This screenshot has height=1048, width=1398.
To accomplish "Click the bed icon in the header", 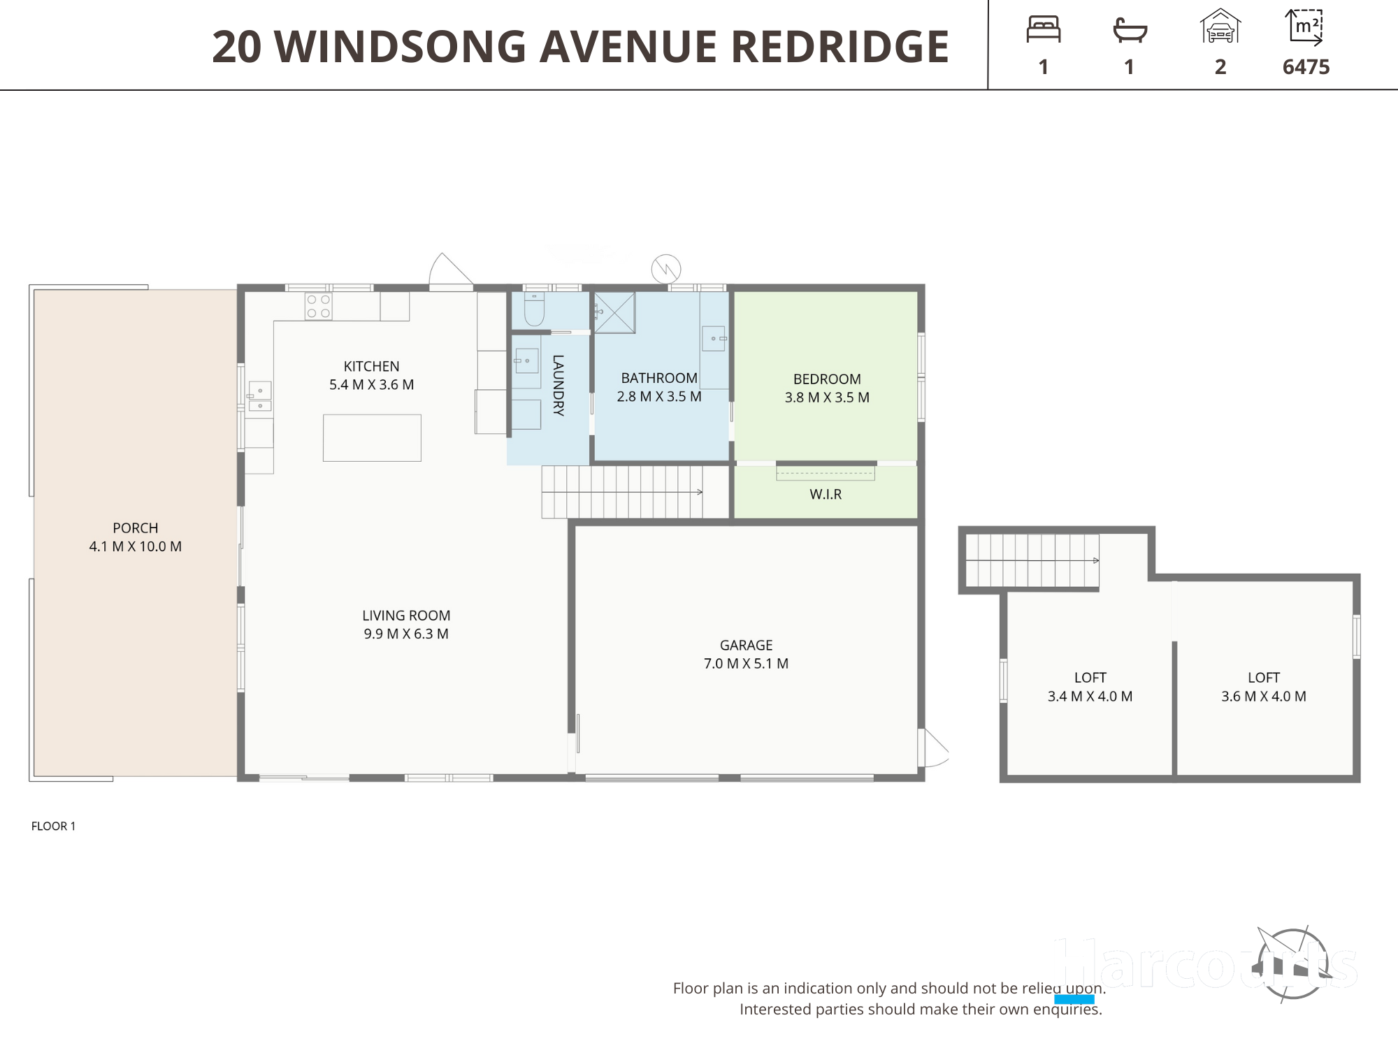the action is click(x=1044, y=29).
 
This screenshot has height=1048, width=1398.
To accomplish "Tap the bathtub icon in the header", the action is click(x=1130, y=30).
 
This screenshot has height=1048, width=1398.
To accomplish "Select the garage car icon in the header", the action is click(x=1220, y=27).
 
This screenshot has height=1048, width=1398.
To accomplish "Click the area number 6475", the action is click(x=1306, y=67).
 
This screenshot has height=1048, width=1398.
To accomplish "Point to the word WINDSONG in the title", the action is click(x=401, y=47).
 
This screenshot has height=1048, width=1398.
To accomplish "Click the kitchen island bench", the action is click(x=372, y=438).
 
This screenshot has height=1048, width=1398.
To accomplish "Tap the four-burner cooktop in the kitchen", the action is click(x=318, y=306).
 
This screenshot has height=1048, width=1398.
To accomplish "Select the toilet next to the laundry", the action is click(x=535, y=309).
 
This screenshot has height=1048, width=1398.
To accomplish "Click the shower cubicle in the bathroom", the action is click(x=615, y=312).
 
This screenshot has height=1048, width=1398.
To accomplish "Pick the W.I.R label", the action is click(x=826, y=495).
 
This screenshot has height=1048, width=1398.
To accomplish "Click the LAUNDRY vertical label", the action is click(x=558, y=386).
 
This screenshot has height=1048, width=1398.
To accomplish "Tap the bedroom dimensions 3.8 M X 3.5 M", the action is click(x=827, y=398).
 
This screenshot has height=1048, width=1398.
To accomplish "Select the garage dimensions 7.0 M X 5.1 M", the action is click(x=746, y=664).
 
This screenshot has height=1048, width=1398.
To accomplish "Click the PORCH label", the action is click(x=136, y=528).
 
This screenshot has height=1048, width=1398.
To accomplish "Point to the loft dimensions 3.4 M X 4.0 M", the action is click(x=1090, y=697).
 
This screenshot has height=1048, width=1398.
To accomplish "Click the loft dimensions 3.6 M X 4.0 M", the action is click(x=1263, y=697).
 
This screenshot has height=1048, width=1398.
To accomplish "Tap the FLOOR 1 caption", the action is click(x=53, y=826).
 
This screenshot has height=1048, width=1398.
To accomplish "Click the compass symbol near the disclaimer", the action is click(x=1292, y=964).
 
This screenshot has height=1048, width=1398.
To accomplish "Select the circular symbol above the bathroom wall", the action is click(x=666, y=269).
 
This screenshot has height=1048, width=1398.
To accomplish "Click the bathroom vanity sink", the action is click(x=714, y=339).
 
